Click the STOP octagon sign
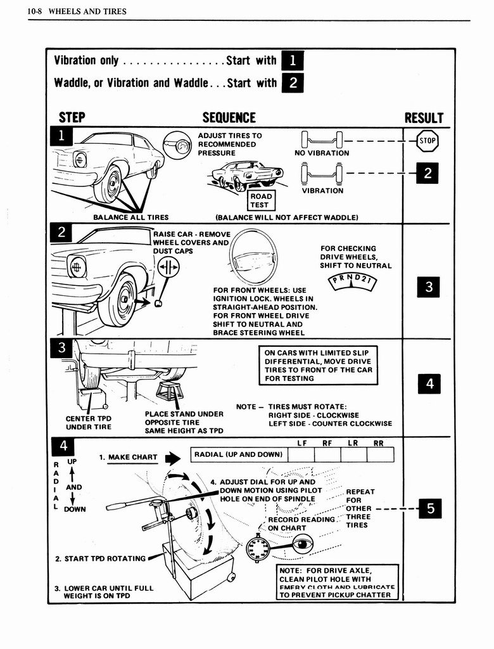point(427,141)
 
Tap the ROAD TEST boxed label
point(260,201)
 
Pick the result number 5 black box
point(429,508)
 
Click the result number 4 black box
point(429,383)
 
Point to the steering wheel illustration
point(253,259)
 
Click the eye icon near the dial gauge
point(302,544)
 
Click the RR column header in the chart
point(378,443)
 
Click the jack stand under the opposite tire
point(170,391)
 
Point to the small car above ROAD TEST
point(247,174)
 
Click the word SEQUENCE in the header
point(229,118)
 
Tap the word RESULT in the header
point(424,118)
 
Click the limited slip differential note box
point(319,365)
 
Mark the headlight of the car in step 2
point(77,266)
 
